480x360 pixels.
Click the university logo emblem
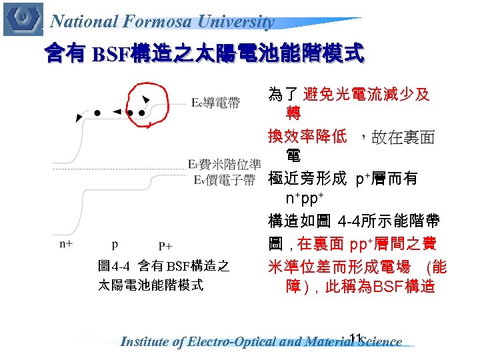[x=22, y=19]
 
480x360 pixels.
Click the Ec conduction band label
[x=215, y=103]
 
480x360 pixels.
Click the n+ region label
[x=66, y=243]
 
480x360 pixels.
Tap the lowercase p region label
[x=115, y=245]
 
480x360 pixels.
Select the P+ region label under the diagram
[x=165, y=245]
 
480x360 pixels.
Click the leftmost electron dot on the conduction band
[x=97, y=113]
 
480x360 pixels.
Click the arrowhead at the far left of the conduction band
[x=80, y=118]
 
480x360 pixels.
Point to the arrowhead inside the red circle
[x=145, y=99]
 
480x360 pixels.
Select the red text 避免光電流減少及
[x=367, y=94]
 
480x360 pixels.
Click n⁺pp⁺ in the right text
[x=305, y=199]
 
